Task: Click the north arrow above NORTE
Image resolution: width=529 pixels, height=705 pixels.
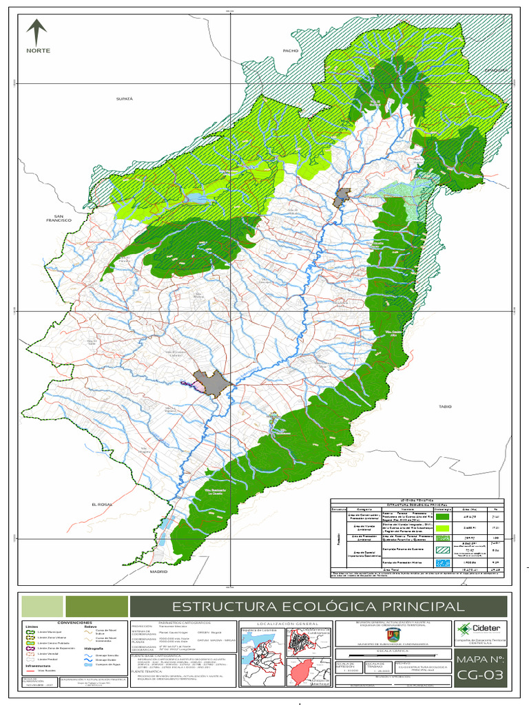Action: point(36,32)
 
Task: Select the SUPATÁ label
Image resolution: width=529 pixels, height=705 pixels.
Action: point(123,99)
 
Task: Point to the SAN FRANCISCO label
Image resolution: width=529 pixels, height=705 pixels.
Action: point(54,217)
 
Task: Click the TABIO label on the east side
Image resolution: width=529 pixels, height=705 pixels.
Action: point(444,407)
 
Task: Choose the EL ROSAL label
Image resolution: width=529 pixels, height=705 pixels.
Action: point(101,505)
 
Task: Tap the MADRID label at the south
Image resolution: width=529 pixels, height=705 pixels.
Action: point(159,571)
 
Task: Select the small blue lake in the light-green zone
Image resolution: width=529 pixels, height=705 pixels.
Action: point(195,198)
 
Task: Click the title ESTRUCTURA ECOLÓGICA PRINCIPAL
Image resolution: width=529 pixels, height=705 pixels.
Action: point(318,607)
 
